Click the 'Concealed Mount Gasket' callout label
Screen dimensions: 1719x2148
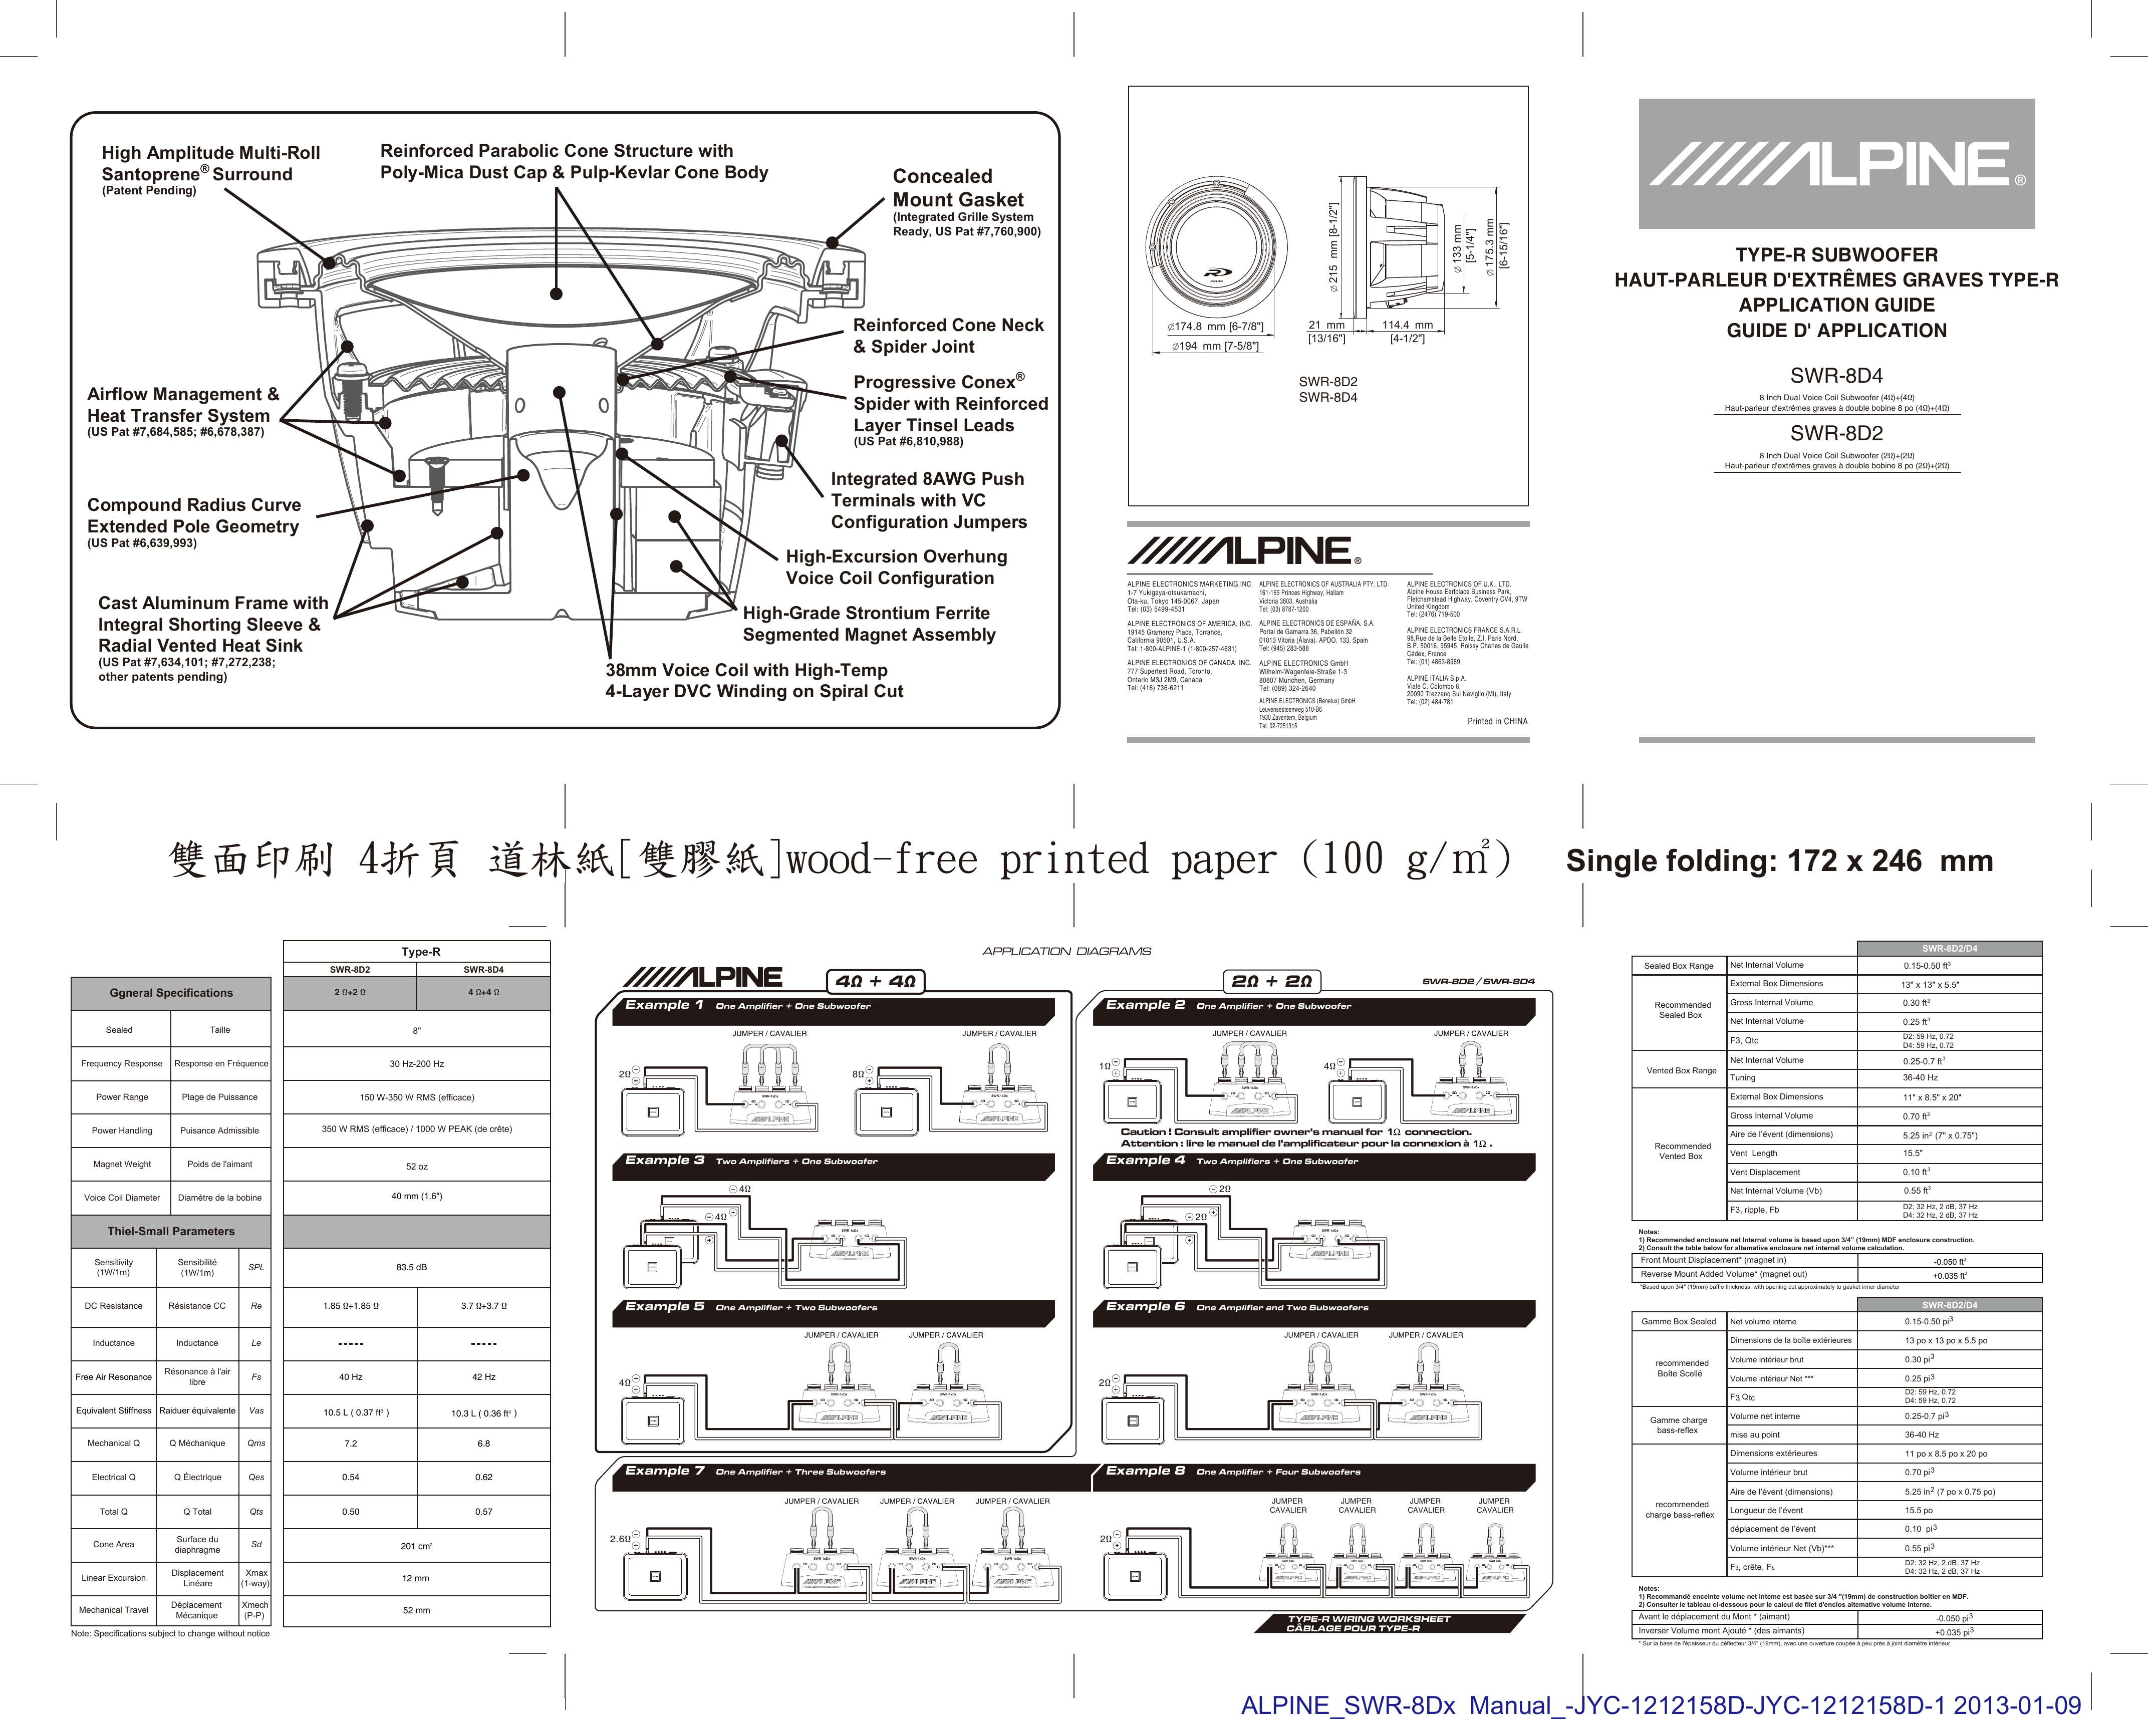[x=957, y=188]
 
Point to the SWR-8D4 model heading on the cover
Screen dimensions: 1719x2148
[x=1836, y=376]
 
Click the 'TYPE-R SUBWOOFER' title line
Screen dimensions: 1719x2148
[x=1836, y=255]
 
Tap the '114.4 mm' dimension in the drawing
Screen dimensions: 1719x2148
[x=1407, y=325]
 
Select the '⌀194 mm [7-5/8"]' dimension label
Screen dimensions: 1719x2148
[x=1214, y=347]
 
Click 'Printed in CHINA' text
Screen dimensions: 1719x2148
[x=1496, y=721]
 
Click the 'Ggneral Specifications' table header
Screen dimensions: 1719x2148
[x=171, y=993]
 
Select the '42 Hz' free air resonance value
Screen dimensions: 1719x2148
[x=483, y=1377]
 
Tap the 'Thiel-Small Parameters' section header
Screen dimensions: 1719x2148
[x=171, y=1231]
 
